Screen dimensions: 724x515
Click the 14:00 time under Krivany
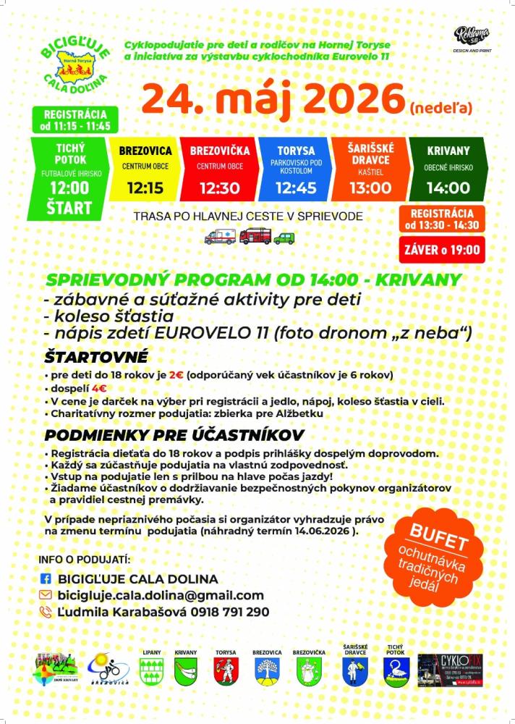point(448,188)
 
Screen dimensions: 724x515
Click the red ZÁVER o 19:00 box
point(441,251)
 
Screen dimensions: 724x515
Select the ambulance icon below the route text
point(219,237)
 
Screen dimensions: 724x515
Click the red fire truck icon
point(255,236)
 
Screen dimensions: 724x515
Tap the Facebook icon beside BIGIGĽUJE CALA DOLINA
point(45,579)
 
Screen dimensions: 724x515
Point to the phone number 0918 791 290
point(231,612)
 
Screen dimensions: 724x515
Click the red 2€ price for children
point(176,375)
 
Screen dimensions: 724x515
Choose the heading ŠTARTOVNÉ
point(95,357)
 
